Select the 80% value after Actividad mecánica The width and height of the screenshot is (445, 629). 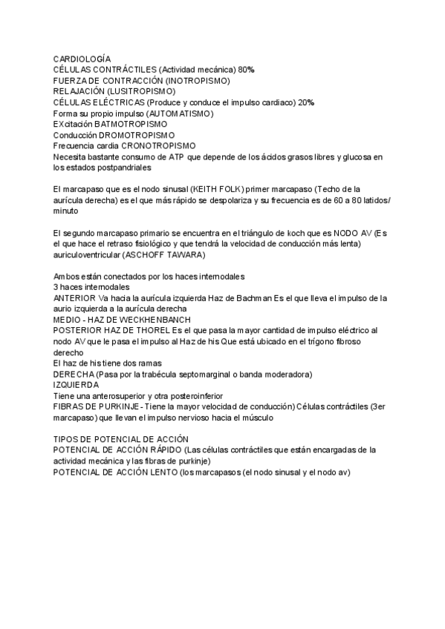click(246, 69)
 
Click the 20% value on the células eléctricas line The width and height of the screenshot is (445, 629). click(306, 102)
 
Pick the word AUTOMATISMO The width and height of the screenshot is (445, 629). click(180, 113)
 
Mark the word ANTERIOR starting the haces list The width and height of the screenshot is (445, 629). click(74, 298)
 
